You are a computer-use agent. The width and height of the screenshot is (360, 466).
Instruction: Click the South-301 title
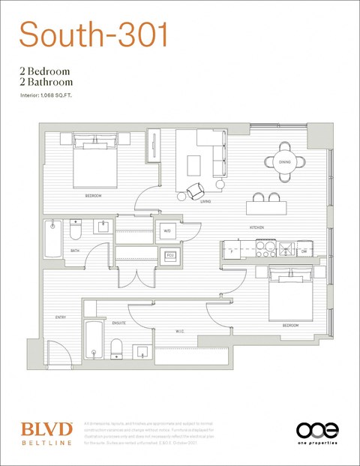(x=93, y=35)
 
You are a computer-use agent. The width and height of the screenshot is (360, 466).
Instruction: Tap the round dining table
(x=285, y=161)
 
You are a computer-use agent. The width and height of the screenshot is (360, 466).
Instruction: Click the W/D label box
(x=167, y=231)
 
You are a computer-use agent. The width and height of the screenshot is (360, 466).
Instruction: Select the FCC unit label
(x=170, y=257)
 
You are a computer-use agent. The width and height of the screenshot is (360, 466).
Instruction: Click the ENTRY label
(x=61, y=317)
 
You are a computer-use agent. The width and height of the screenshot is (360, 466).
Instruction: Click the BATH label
(x=75, y=251)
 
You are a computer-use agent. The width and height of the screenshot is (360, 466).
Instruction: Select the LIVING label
(x=205, y=201)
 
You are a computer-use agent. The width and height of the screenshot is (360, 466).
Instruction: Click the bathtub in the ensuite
(x=92, y=340)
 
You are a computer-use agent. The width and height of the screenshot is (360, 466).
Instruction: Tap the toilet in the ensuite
(x=116, y=348)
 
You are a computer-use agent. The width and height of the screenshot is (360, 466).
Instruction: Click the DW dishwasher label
(x=303, y=251)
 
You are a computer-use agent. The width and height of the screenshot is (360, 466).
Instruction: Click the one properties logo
(x=317, y=431)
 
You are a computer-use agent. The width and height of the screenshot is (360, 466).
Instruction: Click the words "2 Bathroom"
(x=46, y=82)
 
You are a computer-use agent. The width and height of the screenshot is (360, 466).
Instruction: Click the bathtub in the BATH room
(x=52, y=238)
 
